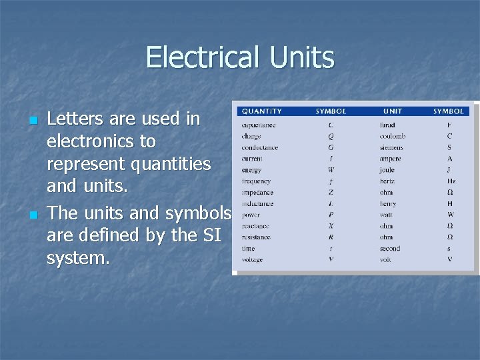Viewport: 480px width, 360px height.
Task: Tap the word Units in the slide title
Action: (x=302, y=57)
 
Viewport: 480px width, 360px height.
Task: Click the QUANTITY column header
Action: (x=261, y=111)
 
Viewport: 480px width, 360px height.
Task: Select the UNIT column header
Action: (x=393, y=111)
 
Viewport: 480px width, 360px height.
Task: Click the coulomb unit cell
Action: (x=393, y=137)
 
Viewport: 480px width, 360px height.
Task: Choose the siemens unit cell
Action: (x=391, y=148)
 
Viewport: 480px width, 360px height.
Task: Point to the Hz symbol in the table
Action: (x=451, y=181)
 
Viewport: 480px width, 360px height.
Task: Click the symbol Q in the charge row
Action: (x=331, y=137)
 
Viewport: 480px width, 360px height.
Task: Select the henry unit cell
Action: (x=388, y=204)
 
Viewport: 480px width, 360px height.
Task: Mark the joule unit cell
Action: (x=387, y=170)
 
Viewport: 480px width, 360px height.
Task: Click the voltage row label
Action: (x=252, y=260)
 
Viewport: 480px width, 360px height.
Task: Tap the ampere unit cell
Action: (x=391, y=159)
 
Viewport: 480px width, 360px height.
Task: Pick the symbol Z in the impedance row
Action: (x=331, y=193)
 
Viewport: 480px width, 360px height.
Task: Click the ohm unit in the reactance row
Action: (x=387, y=226)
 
